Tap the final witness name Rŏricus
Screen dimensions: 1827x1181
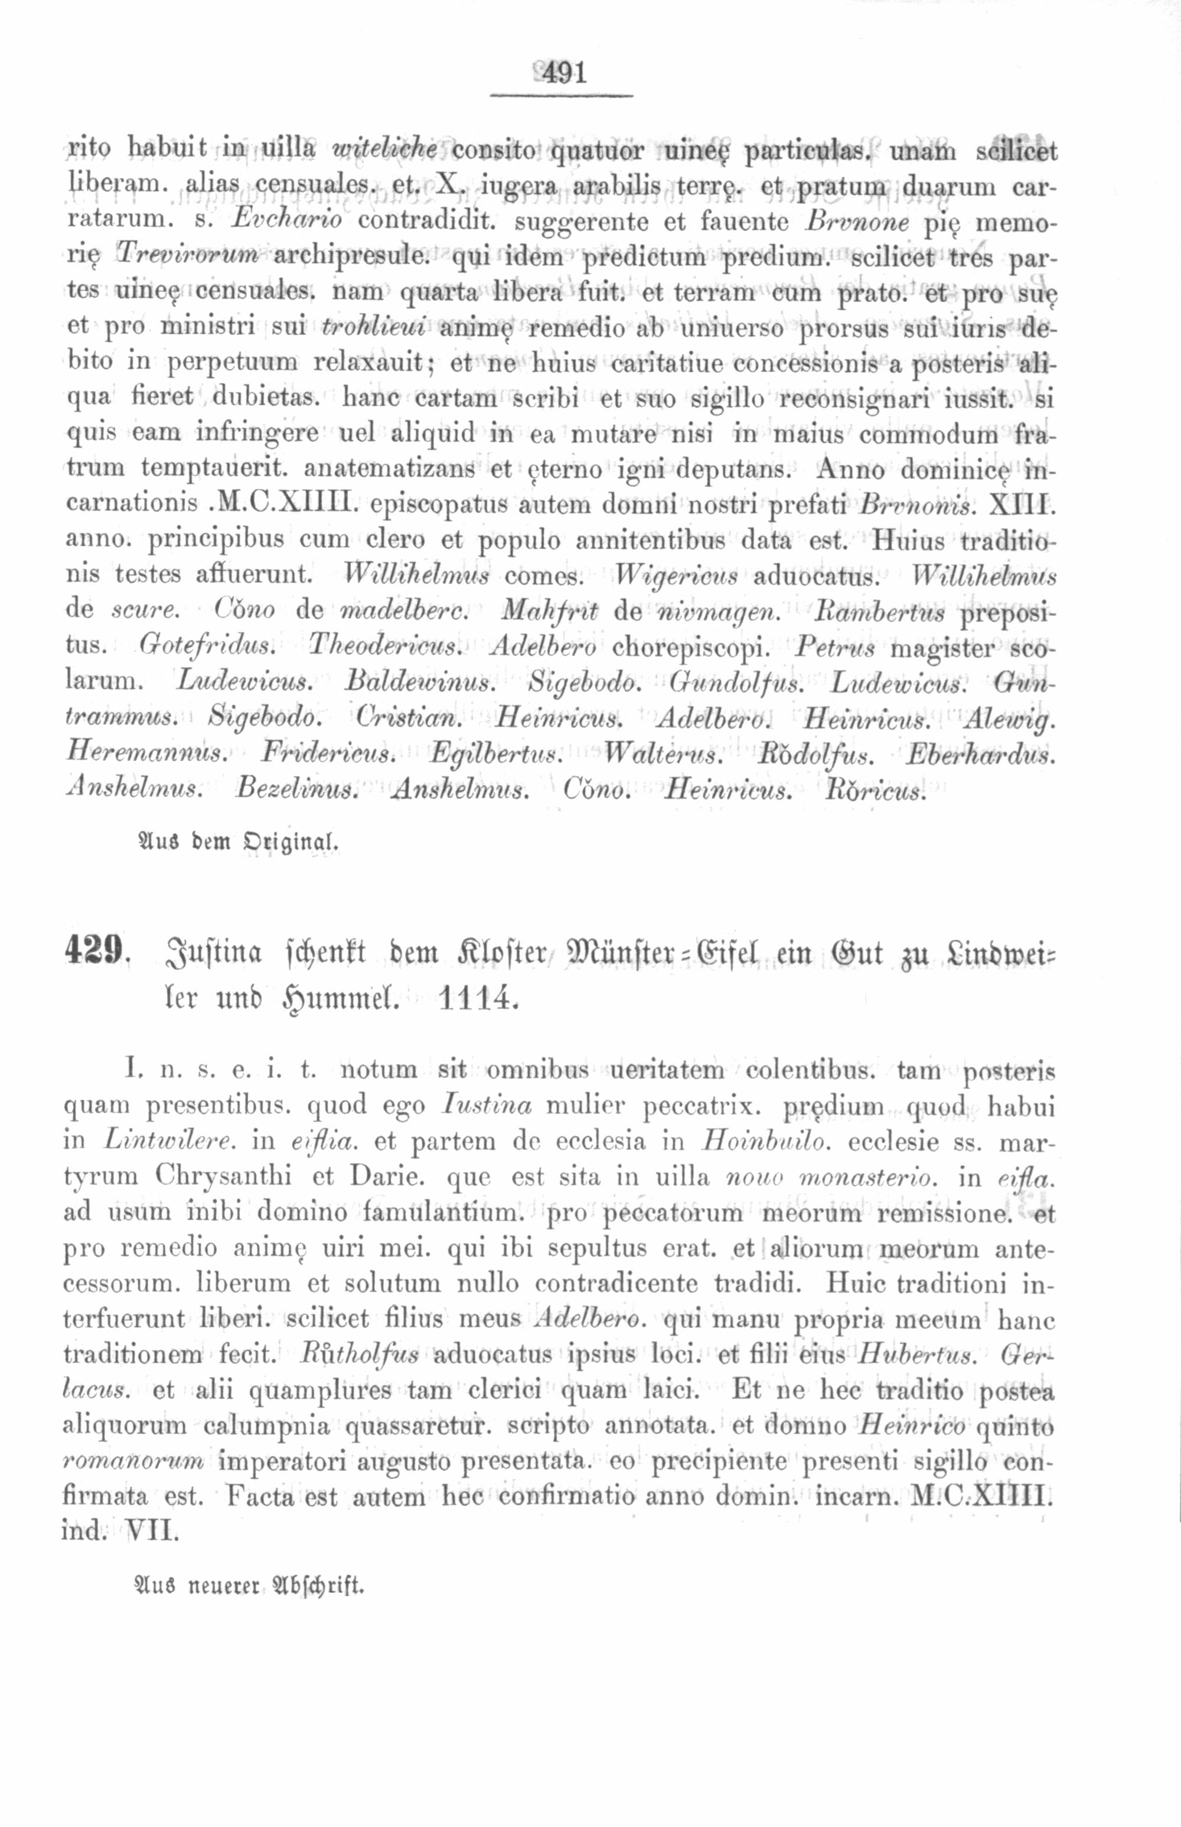coord(875,790)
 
